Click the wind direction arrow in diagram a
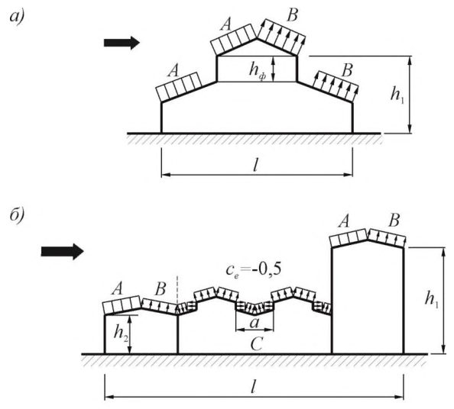click(122, 43)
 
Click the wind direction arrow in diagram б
click(62, 252)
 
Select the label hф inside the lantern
click(258, 70)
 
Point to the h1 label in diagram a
click(397, 95)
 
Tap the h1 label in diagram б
click(431, 298)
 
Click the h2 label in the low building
click(121, 333)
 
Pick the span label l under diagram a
click(255, 166)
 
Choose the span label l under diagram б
click(253, 387)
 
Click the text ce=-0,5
click(254, 270)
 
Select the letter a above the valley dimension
click(255, 323)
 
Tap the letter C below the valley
click(257, 344)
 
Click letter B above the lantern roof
click(292, 15)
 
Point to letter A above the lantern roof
click(225, 24)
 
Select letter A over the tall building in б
click(344, 222)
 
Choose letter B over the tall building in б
click(394, 221)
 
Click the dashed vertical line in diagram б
click(177, 291)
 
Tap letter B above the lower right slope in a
click(348, 70)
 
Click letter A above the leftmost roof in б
click(117, 288)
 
